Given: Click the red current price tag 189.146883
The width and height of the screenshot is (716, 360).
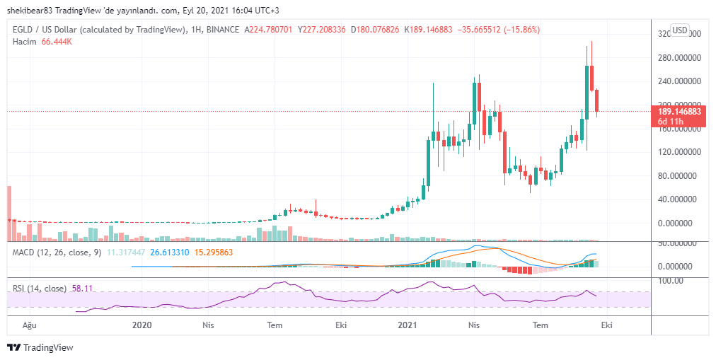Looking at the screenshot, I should tap(679, 111).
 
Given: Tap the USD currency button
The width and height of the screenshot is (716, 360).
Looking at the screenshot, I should tap(679, 30).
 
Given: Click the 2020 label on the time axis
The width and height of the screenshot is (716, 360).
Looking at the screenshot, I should tap(142, 325).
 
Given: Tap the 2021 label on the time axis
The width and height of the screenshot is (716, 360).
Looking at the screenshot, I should tap(407, 325).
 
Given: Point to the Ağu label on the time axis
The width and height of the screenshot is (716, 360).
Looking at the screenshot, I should tap(29, 325).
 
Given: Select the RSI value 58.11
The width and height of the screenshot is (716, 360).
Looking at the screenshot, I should tap(83, 289).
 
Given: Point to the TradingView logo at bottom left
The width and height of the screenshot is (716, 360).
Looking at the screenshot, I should tap(40, 347).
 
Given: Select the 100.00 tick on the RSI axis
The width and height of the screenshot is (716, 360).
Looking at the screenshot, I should tap(669, 280).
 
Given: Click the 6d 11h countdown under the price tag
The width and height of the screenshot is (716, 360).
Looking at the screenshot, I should tap(669, 121).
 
